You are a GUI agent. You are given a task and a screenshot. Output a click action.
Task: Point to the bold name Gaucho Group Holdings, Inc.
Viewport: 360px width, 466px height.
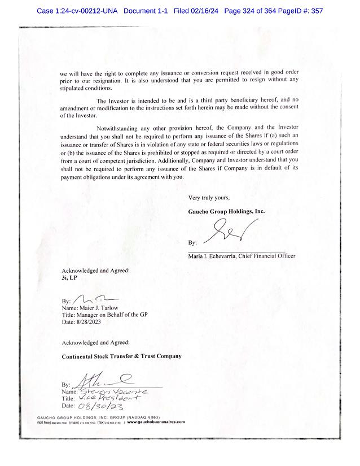[226, 211]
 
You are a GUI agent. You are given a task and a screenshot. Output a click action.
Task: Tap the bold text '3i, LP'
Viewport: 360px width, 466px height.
[69, 278]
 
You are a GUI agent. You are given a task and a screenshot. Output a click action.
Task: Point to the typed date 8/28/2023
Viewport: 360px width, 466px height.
[90, 322]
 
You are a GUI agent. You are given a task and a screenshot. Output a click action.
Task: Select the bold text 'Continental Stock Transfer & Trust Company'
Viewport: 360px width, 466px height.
[121, 356]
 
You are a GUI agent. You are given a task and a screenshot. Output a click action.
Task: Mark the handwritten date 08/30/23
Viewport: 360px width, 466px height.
[102, 406]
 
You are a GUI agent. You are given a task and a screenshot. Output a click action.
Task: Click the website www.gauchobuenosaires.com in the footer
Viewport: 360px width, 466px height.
[152, 421]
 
